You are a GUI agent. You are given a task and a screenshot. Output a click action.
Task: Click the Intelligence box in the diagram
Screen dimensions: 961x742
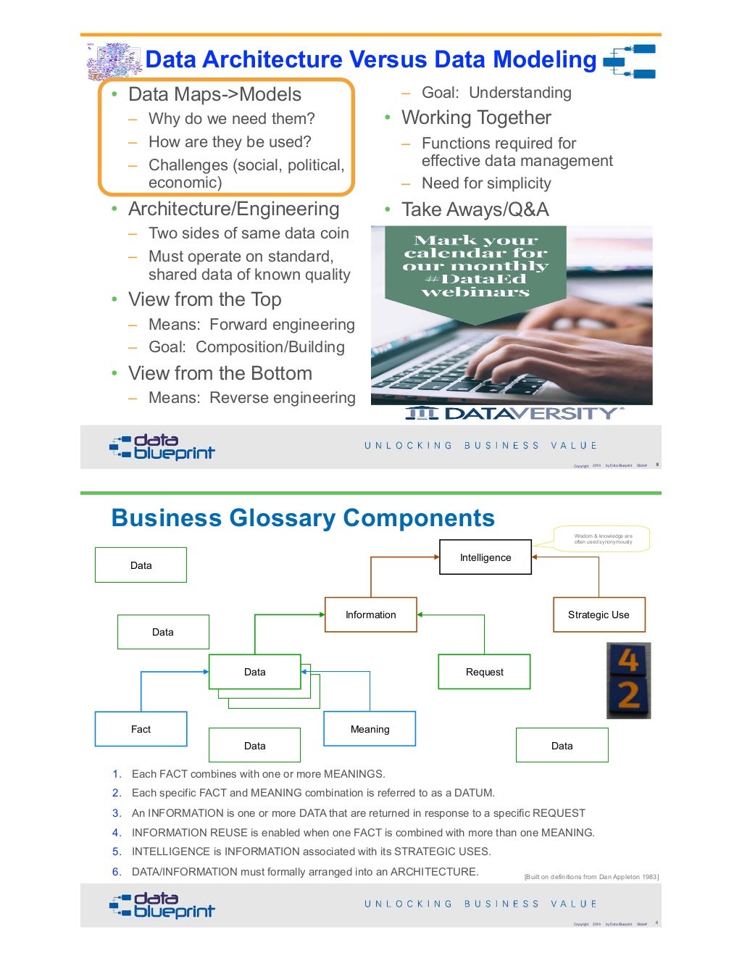[x=485, y=557]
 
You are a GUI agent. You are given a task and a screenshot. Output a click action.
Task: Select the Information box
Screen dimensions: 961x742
[x=370, y=615]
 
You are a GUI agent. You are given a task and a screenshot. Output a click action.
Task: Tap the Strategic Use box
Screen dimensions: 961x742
[x=599, y=615]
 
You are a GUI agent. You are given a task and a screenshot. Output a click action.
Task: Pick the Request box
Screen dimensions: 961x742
[x=484, y=672]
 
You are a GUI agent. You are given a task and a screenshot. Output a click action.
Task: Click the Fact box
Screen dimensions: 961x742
[x=141, y=729]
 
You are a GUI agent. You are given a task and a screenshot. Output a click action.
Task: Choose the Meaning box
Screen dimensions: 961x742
[x=370, y=729]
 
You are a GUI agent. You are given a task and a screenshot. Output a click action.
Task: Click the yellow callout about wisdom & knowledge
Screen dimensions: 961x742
[x=603, y=539]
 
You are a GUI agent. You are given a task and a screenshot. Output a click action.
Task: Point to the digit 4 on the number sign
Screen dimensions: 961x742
[x=628, y=660]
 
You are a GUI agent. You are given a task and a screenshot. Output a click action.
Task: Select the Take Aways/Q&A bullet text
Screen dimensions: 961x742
[x=475, y=209]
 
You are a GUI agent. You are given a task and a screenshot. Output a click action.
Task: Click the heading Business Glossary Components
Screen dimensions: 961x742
[x=303, y=518]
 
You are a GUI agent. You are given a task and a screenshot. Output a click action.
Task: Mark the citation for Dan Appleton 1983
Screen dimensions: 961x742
[x=591, y=877]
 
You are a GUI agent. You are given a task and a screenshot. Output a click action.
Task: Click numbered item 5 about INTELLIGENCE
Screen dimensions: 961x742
[x=311, y=852]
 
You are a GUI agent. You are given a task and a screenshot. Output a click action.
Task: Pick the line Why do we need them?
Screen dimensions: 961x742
[x=231, y=119]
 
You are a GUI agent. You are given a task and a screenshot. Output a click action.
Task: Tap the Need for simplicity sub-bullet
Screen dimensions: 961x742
[x=486, y=183]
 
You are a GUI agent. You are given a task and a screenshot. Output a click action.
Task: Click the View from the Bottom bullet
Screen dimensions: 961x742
[x=220, y=373]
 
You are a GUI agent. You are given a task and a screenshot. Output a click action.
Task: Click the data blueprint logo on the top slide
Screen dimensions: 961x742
[x=162, y=446]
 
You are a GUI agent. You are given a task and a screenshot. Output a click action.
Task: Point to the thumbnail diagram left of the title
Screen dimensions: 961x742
[x=114, y=61]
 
